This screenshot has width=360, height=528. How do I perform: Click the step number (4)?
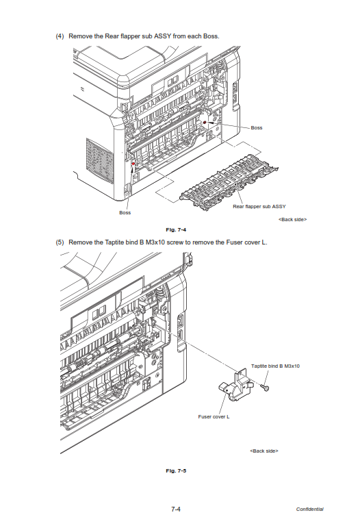[60, 36]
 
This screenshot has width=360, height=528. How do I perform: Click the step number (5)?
[60, 242]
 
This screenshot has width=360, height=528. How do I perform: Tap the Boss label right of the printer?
[257, 127]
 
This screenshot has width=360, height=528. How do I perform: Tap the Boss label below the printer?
[125, 213]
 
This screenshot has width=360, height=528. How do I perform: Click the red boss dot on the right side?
[204, 122]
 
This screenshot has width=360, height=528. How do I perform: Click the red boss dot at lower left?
[133, 164]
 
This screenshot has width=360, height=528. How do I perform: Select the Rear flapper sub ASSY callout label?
[259, 206]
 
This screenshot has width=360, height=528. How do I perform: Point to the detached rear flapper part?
[229, 180]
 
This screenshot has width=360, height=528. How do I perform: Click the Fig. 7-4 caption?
[176, 230]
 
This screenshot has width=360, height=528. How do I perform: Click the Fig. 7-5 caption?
[176, 470]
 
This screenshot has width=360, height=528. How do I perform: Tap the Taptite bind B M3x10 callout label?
[275, 366]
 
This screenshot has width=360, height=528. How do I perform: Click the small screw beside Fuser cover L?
[266, 388]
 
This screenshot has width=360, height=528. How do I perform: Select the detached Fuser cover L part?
[235, 385]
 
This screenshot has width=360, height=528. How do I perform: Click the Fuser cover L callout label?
[214, 417]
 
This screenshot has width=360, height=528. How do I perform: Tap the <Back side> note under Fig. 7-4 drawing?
[292, 220]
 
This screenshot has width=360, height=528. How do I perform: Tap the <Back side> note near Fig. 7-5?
[263, 451]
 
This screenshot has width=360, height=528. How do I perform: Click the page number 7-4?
[176, 509]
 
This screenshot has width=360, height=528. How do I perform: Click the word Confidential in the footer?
[310, 509]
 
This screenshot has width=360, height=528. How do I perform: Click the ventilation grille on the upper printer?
[100, 161]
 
